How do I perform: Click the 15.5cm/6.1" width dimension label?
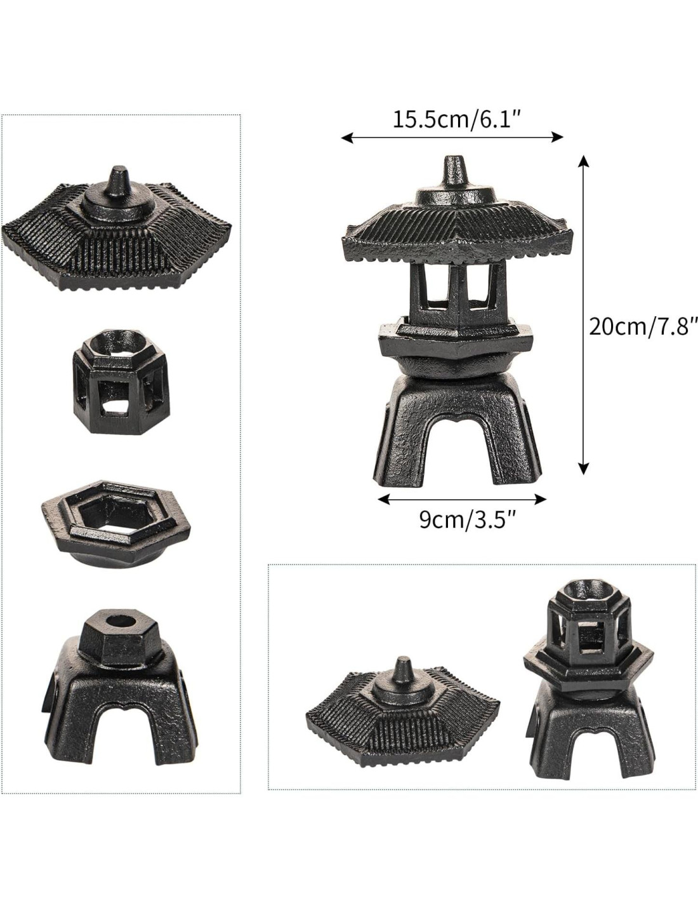(456, 119)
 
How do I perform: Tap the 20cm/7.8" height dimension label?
(643, 327)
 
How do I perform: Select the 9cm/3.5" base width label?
(467, 519)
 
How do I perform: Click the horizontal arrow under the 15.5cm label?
(452, 138)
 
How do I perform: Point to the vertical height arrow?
(584, 314)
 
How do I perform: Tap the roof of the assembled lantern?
(456, 224)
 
